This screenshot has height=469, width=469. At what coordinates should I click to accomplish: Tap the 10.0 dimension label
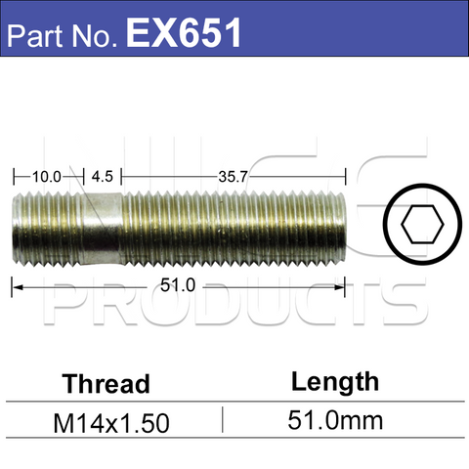[46, 177]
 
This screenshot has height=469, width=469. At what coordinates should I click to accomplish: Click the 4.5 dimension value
[102, 177]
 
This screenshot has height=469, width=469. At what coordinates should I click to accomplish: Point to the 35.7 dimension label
[232, 177]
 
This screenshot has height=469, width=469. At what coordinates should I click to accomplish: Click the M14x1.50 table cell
[110, 423]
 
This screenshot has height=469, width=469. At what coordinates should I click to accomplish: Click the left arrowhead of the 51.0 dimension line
[17, 286]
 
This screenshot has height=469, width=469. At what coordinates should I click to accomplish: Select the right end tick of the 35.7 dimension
[346, 177]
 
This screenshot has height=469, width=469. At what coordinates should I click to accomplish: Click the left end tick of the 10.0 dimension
[14, 177]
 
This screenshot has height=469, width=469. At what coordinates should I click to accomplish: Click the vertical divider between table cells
[223, 420]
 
